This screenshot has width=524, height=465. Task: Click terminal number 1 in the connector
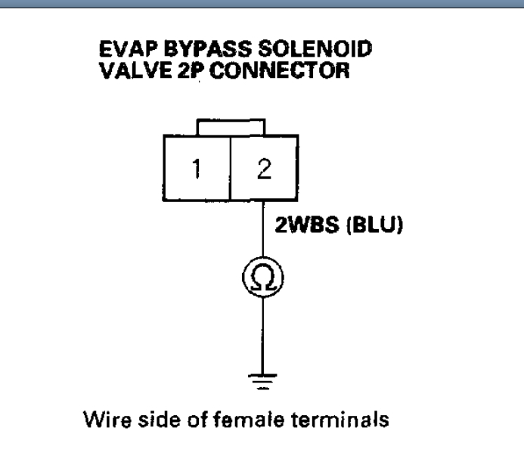(x=195, y=169)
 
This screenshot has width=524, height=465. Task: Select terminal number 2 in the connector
(x=261, y=169)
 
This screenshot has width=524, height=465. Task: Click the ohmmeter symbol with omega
(x=262, y=281)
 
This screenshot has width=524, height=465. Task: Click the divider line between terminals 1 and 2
(x=229, y=169)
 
